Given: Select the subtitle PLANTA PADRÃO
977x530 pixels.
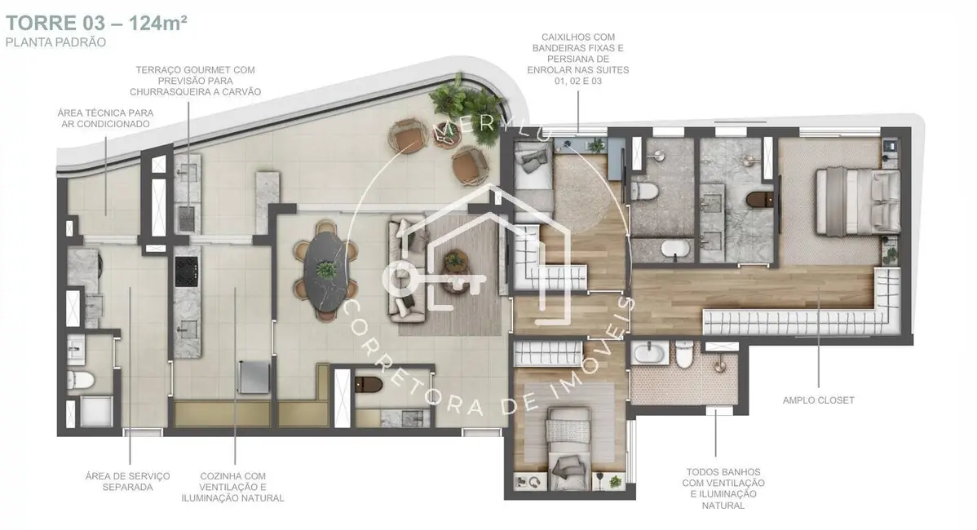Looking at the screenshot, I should [x=55, y=42].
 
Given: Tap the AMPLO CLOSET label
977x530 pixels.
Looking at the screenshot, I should [x=818, y=400].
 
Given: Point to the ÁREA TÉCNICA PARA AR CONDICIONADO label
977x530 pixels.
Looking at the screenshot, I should [x=105, y=118].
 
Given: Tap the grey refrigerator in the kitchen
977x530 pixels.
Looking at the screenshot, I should [x=253, y=378].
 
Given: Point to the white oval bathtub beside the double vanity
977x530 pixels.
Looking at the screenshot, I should [x=671, y=250].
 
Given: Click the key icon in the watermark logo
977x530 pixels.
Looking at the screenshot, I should [x=432, y=280].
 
